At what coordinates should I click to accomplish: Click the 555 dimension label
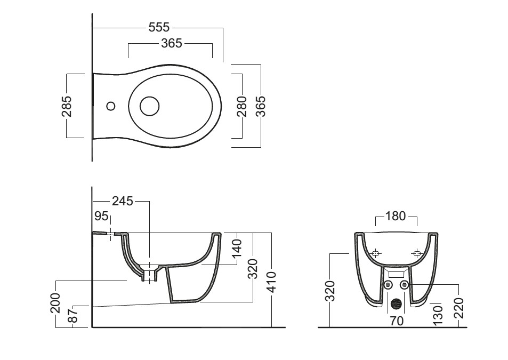point(159,28)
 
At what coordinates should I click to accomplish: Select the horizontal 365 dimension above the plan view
point(172,43)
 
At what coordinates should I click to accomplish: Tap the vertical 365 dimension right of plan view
point(261,106)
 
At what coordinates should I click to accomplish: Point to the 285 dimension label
point(67,106)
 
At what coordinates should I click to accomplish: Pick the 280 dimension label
point(241,106)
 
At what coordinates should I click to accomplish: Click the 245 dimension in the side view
point(123,201)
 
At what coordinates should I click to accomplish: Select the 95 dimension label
point(101,216)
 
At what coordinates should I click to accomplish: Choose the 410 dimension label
point(271,282)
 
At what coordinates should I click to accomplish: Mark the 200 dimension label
point(55,303)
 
